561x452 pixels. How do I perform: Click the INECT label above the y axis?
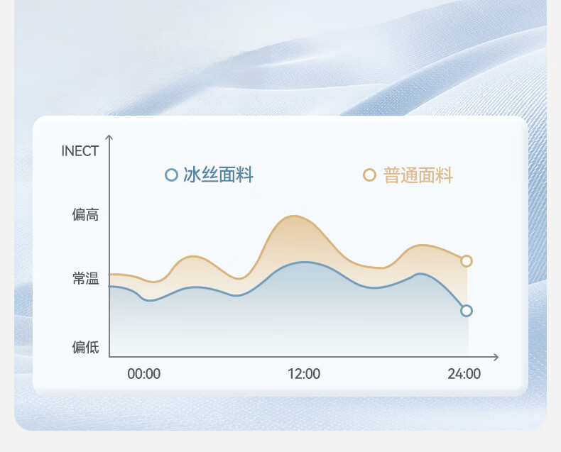point(80,151)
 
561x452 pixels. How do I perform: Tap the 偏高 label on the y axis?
point(85,214)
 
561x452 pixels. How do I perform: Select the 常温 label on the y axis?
point(85,278)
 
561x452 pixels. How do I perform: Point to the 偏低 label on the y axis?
point(85,347)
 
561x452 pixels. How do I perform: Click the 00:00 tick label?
point(144,374)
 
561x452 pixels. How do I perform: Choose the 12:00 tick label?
point(304,374)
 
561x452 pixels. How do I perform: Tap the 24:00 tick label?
point(464,374)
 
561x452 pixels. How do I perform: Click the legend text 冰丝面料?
point(218,175)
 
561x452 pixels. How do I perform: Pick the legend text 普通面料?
point(418,175)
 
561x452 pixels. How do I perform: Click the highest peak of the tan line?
point(293,216)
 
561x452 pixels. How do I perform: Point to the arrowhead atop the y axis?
point(109,137)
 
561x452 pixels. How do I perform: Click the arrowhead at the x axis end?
point(496,357)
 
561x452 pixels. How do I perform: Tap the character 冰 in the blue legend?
point(192,175)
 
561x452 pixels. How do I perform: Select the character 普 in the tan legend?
point(391,175)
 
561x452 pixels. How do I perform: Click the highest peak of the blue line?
point(304,263)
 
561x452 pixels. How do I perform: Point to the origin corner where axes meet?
point(109,356)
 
